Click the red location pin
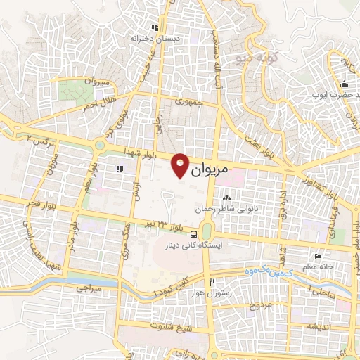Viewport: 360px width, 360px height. click(x=181, y=165)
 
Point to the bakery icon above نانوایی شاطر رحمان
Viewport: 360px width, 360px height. click(x=226, y=200)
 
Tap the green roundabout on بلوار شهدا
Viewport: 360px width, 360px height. click(x=100, y=146)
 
